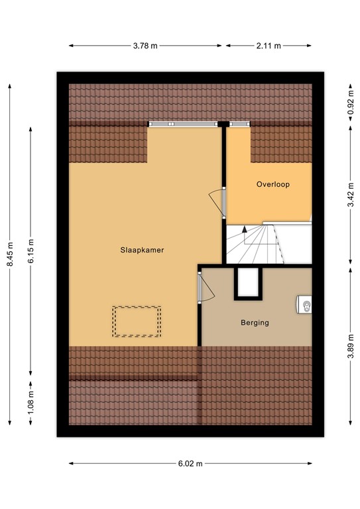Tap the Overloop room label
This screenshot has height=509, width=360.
tap(274, 185)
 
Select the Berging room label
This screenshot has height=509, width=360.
tap(255, 323)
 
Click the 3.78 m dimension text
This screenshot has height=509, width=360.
tap(145, 46)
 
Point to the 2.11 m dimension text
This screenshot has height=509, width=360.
tap(269, 46)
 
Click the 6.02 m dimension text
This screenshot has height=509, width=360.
tap(190, 464)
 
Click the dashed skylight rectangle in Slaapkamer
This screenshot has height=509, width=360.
tap(137, 321)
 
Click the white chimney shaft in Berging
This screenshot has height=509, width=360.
tap(249, 284)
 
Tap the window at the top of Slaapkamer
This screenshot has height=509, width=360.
tap(183, 124)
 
